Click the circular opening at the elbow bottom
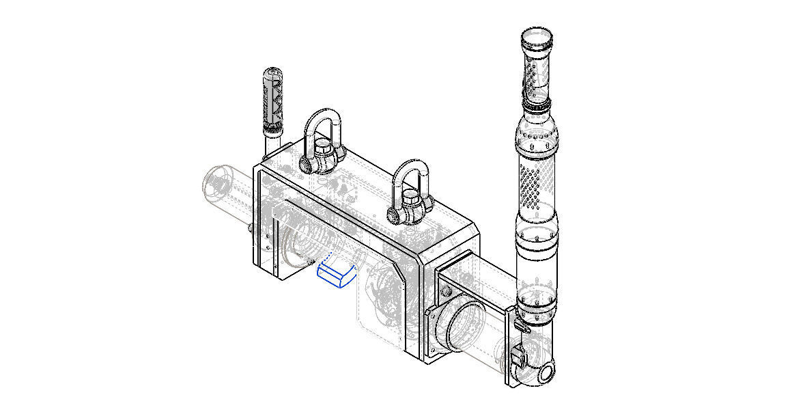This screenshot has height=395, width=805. pos(546,372)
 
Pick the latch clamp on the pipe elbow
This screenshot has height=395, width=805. pos(518,355)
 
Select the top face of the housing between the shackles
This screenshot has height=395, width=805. pos(369,185)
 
